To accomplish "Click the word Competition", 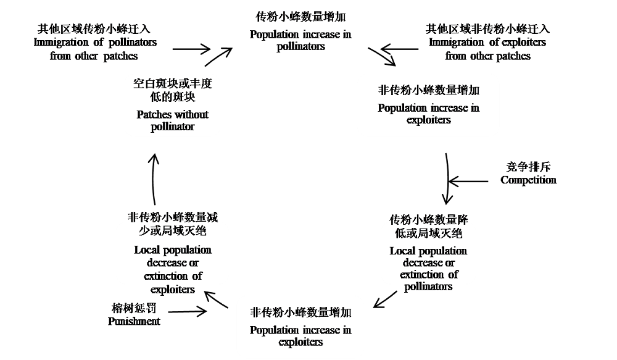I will [528, 180].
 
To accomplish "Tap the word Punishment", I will [134, 321].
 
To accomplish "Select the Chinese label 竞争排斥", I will [528, 167].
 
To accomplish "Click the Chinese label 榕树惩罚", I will [134, 308].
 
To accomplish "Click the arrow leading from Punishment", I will [188, 312].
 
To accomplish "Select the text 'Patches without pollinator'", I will [172, 120].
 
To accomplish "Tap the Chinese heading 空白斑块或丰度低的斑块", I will [172, 90].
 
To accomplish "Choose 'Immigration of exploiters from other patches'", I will [487, 49].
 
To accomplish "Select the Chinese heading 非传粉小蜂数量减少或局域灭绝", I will [172, 224].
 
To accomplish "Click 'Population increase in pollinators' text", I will [300, 40].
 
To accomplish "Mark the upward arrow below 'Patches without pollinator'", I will [155, 179].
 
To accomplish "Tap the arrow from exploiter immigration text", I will [399, 48].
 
